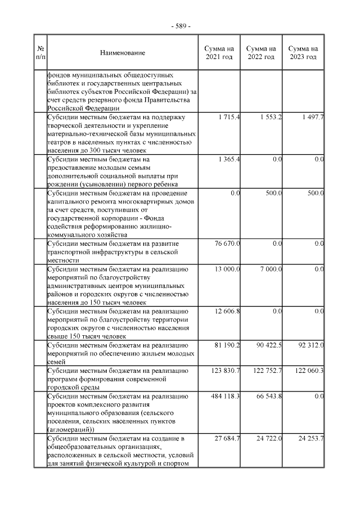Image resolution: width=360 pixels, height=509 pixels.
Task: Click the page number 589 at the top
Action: pyautogui.click(x=180, y=26)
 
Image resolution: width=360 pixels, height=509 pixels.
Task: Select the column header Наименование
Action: pyautogui.click(x=122, y=53)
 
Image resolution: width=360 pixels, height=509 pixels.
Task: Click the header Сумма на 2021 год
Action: pyautogui.click(x=218, y=53)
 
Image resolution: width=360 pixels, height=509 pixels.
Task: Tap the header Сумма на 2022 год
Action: pyautogui.click(x=261, y=53)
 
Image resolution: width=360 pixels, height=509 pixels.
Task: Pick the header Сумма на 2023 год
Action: pyautogui.click(x=303, y=53)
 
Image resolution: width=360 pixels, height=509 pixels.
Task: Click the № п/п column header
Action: pyautogui.click(x=40, y=53)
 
